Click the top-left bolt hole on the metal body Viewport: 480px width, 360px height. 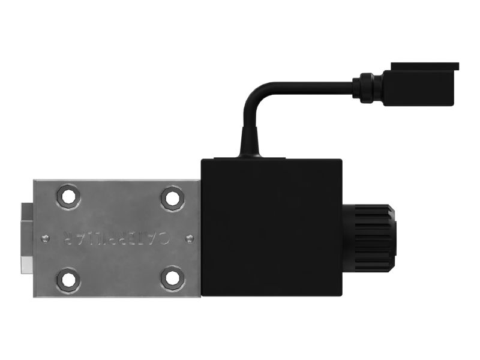[68, 196]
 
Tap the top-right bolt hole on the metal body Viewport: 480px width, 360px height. [172, 198]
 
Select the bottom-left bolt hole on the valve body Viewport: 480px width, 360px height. [68, 280]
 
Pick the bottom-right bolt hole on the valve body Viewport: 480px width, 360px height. [172, 278]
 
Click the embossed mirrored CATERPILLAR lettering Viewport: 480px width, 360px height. [116, 238]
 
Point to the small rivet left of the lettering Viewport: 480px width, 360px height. [46, 238]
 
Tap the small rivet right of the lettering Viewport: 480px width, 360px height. [190, 238]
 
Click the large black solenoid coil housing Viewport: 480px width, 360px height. [272, 228]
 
